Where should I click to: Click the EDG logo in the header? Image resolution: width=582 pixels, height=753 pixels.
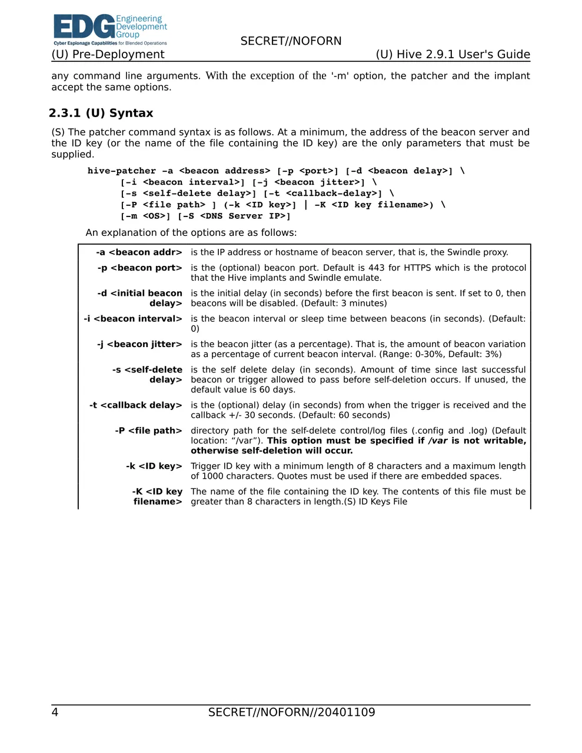pos(110,29)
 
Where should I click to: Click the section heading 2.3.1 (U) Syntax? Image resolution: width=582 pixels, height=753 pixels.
pos(101,113)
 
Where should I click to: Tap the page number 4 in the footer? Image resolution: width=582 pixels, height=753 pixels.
pos(55,712)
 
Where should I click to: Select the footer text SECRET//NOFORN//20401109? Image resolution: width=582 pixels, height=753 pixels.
pos(291,712)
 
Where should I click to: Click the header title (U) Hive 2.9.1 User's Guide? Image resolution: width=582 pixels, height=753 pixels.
pos(453,55)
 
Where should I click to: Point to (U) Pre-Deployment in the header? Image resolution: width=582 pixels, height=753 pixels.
pos(108,55)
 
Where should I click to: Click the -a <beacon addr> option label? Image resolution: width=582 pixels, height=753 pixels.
pos(139,252)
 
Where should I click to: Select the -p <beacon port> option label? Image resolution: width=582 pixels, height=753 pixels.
pos(140,268)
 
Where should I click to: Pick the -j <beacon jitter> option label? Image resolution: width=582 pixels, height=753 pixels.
pos(139,344)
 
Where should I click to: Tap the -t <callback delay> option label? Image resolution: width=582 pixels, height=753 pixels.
pos(136,405)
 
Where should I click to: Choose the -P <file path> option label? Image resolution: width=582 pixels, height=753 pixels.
pos(148,431)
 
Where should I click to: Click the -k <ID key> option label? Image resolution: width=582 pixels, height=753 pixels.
pos(154,466)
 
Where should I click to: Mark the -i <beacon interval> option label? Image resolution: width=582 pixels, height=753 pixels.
pos(133,319)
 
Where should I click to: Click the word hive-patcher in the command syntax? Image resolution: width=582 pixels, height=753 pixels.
pos(122,171)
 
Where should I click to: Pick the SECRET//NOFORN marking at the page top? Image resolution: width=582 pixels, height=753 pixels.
pos(291,41)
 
